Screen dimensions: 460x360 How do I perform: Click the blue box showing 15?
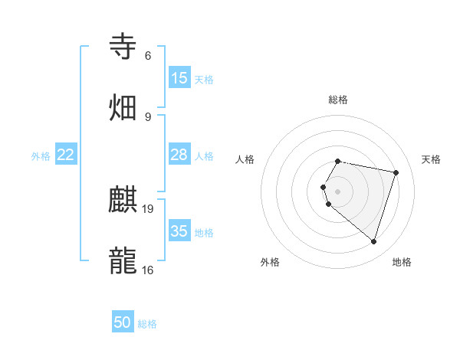179,78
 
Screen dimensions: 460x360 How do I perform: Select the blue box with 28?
179,155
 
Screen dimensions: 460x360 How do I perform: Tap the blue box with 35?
179,231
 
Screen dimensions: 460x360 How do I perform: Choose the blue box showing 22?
66,155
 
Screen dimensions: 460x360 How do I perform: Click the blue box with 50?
123,322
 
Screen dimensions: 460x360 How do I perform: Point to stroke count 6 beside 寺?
148,56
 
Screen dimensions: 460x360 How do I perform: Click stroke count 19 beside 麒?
149,209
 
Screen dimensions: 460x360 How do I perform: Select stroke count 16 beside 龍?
148,270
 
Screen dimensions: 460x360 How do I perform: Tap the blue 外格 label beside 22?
41,156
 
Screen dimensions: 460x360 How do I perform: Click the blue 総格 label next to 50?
147,324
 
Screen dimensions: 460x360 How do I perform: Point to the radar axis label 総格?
337,100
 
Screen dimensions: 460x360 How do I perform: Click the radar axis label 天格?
431,159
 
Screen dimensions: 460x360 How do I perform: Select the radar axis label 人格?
245,159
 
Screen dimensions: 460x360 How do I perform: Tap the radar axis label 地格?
402,262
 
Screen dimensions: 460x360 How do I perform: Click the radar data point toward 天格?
396,172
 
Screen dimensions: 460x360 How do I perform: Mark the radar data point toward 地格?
373,242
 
